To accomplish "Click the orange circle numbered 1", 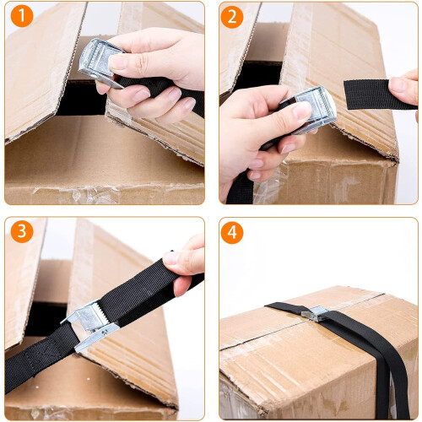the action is tap(22, 16).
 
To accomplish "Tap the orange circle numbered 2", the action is tap(232, 17).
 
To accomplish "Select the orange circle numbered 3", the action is tap(22, 231).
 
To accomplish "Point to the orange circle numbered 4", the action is tap(232, 232).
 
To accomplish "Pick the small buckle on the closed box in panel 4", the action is tap(315, 313).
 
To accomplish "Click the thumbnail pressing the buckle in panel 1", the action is tap(119, 62).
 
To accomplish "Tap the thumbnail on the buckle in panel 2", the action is tap(301, 111).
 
